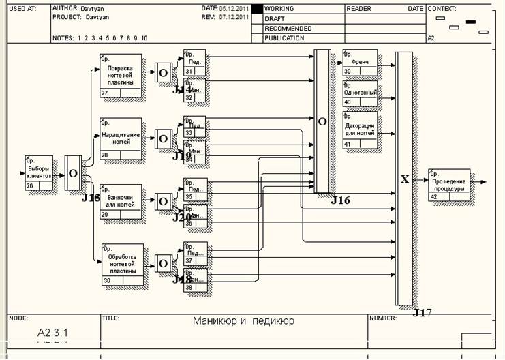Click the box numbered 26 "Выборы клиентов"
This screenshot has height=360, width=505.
click(x=40, y=172)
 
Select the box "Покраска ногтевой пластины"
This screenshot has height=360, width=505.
click(x=121, y=75)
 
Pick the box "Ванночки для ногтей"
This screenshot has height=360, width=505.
click(x=121, y=202)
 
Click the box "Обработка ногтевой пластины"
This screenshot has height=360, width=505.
click(x=123, y=263)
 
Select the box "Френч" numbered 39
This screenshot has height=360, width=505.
click(x=360, y=62)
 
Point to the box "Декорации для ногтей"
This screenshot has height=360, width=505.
click(x=360, y=130)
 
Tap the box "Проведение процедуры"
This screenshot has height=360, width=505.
click(x=449, y=184)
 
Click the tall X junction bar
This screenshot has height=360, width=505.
click(x=404, y=179)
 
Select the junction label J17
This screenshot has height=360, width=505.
click(x=423, y=313)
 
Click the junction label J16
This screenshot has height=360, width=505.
click(x=340, y=200)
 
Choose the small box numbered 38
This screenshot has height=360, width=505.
click(x=195, y=283)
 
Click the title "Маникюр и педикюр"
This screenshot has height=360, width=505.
click(x=243, y=320)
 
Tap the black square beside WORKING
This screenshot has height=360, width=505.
click(x=257, y=9)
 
